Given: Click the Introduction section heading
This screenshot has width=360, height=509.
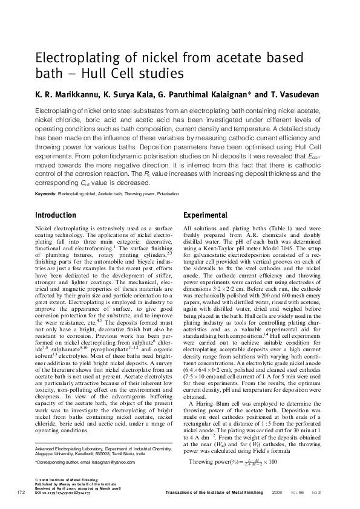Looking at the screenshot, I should click(56, 215).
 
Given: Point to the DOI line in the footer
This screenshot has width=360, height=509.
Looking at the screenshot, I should click(62, 492).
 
